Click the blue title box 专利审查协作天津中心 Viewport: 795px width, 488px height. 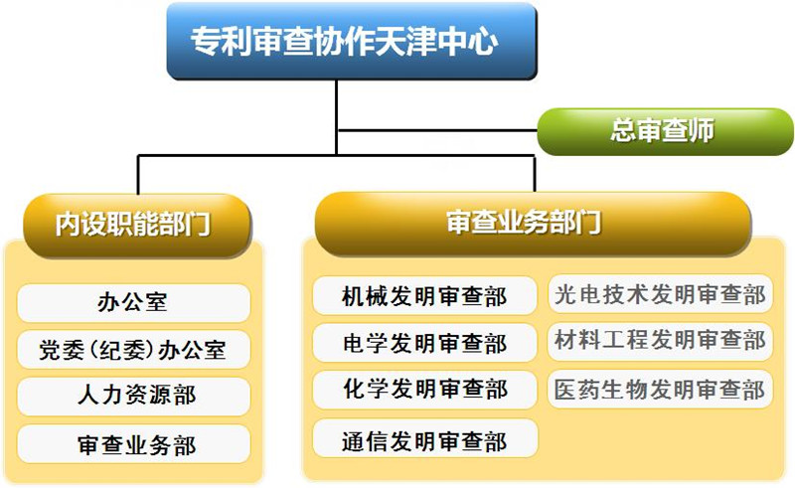pos(352,41)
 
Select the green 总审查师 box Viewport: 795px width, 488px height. pos(665,131)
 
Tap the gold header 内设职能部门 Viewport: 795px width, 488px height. pos(137,225)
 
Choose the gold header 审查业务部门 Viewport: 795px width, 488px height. pos(533,224)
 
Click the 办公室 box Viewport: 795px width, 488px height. pos(133,302)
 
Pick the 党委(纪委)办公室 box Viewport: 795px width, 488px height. pos(133,350)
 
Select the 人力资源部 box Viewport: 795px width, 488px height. pos(133,397)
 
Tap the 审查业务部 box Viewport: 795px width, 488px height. pos(133,444)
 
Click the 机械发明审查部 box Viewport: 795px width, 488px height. pos(424,296)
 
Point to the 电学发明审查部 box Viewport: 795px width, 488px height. pos(424,343)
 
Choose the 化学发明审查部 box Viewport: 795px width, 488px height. pos(424,390)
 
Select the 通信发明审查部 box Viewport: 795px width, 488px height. pos(424,438)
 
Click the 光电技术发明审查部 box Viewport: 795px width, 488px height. pos(660,294)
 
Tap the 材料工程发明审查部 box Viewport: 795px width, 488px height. pos(660,341)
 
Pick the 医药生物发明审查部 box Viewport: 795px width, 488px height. pos(660,389)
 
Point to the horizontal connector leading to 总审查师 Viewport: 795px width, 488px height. pos(437,131)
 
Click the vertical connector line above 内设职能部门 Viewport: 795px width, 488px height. pos(138,175)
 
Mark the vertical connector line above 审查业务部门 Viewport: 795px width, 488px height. pos(535,174)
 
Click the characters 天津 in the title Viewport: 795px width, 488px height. pos(405,41)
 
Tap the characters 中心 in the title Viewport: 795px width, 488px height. pos(467,41)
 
